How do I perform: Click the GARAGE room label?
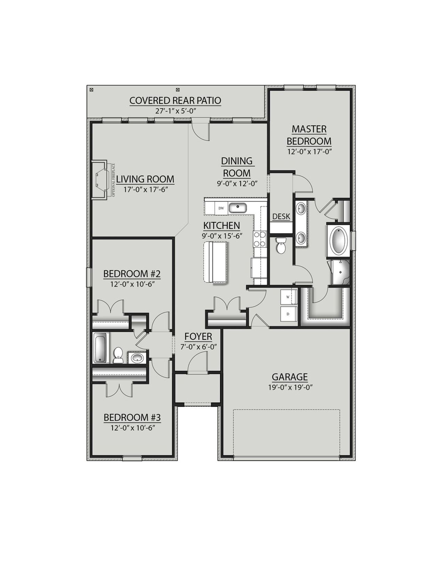pos(290,377)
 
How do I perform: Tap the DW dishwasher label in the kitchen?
pos(221,208)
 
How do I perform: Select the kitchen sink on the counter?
pos(237,208)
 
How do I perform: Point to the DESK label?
pos(281,216)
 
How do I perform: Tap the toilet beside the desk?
pos(280,246)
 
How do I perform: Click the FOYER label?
pos(198,337)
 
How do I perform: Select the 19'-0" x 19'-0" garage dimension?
pos(290,388)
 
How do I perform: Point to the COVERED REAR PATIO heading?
pos(175,101)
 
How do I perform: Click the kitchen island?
pos(216,262)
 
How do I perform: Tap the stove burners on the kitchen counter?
pos(260,239)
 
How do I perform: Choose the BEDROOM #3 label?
pos(132,417)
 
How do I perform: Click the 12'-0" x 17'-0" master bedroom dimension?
pos(309,152)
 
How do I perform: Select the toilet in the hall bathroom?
pos(118,354)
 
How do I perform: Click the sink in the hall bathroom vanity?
pos(137,358)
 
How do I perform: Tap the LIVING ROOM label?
pos(145,179)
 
